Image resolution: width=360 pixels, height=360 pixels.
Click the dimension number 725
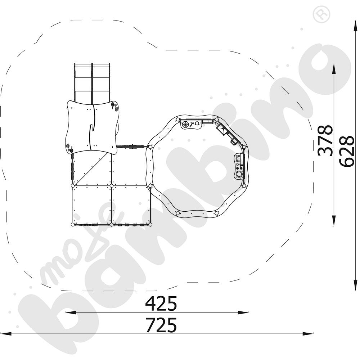[161, 325]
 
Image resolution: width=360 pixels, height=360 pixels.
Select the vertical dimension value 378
[325, 140]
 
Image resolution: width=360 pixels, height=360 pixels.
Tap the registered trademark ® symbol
[321, 14]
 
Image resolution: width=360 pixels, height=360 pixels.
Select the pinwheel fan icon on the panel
[185, 125]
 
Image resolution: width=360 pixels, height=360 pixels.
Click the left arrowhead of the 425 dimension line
[71, 312]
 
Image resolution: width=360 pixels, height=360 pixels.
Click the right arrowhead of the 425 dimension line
[243, 312]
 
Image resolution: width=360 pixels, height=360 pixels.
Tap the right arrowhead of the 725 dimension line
[308, 334]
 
